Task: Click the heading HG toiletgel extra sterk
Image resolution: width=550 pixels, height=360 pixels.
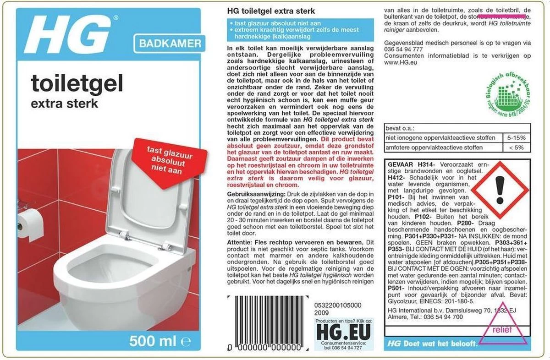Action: (271, 11)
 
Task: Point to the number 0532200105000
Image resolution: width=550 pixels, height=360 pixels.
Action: (339, 305)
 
